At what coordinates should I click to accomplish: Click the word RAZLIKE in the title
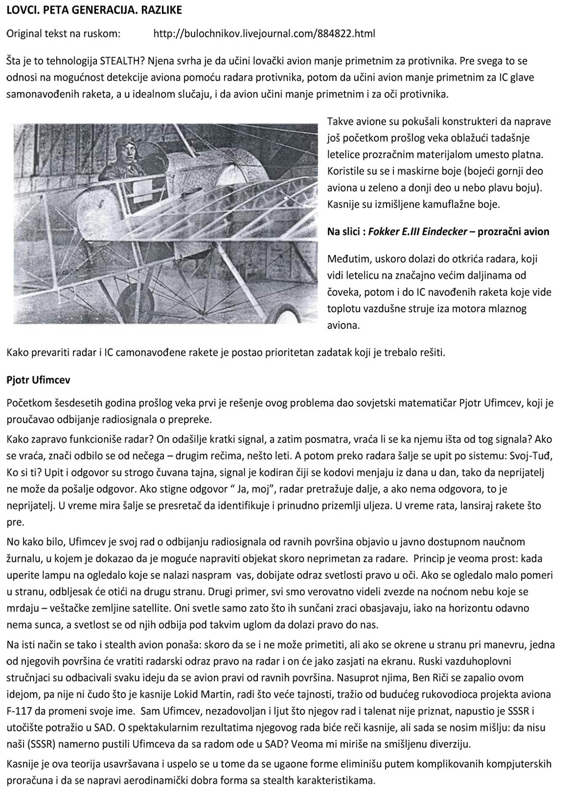click(160, 10)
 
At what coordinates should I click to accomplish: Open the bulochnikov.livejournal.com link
click(264, 34)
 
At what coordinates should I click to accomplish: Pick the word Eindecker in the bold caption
click(442, 232)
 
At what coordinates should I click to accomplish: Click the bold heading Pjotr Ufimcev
click(38, 380)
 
